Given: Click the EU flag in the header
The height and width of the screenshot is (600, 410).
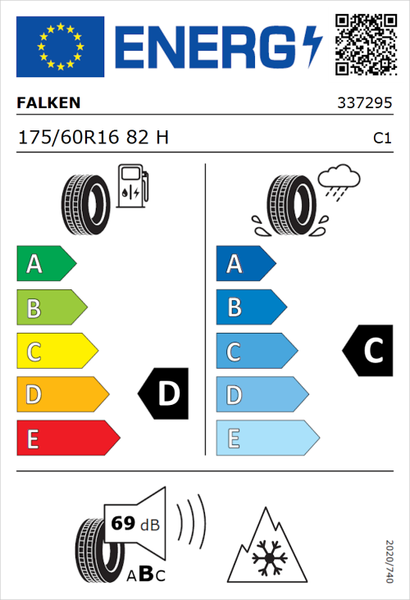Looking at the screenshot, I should point(60,47).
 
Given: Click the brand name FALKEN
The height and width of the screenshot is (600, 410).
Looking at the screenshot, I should point(48,103).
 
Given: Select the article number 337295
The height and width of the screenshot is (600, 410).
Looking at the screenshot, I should point(365,103).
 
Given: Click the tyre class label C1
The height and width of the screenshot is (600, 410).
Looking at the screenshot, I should point(381,139).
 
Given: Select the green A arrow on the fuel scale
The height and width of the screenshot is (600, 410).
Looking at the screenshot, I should point(45,264).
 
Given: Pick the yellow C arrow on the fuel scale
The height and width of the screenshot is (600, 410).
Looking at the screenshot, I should point(56,352).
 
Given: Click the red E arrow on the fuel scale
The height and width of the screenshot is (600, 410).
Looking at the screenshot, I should point(67,439).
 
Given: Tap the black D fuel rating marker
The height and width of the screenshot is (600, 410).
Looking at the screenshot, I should point(165,394).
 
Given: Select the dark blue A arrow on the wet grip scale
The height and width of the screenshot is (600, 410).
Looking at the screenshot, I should point(245,264).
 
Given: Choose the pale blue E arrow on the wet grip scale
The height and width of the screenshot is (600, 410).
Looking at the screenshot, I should point(266,439).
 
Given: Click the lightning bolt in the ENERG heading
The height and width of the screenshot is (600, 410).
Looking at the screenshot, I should point(312,46).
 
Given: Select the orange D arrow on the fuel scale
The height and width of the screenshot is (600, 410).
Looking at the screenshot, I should point(61,395).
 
